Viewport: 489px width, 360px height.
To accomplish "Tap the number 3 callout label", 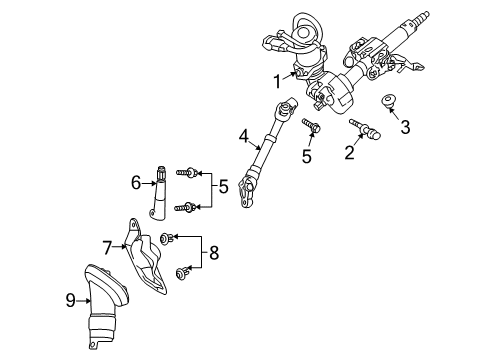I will [405, 126].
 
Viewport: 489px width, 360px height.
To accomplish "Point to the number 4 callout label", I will [243, 138].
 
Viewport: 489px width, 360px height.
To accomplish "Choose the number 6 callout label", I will [136, 182].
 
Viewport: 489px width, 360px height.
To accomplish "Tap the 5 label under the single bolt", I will [307, 156].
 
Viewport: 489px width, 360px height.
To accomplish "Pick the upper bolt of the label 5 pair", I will [189, 172].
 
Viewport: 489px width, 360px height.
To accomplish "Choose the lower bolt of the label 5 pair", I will [187, 207].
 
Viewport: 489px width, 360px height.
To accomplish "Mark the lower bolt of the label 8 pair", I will [181, 272].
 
